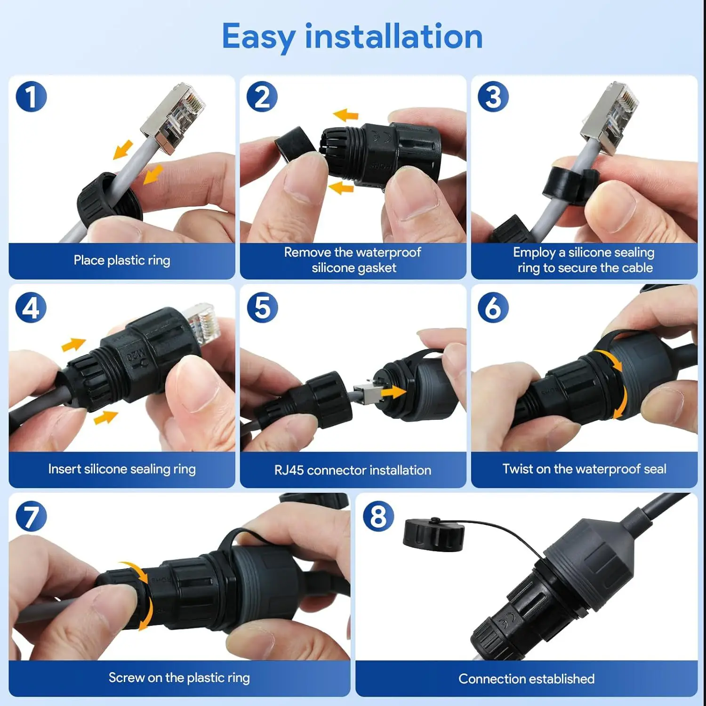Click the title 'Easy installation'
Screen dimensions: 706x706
pos(352,37)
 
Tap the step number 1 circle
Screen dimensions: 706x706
pos(31,97)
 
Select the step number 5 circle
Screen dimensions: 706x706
pos(262,308)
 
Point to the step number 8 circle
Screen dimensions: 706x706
pos(378,517)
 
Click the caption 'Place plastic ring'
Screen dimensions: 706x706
pos(122,260)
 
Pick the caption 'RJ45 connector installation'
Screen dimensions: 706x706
pos(353,470)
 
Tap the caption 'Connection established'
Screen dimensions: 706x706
pos(526,679)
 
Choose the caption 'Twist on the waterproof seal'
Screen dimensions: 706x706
pos(584,469)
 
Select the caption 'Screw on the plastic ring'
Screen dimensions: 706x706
pos(179,678)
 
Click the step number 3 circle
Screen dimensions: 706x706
pos(493,97)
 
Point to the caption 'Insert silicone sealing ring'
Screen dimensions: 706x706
pos(122,469)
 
